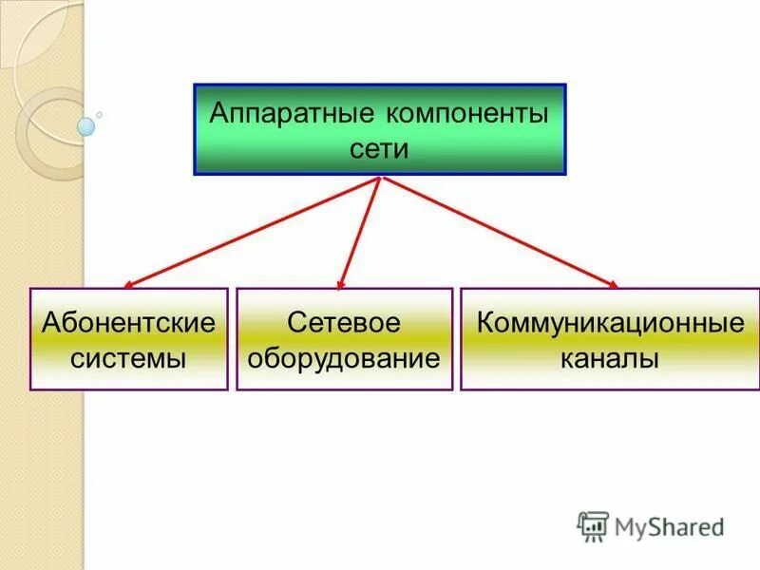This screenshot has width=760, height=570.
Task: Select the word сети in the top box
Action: coord(379,150)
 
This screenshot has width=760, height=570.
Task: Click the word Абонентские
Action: coord(128,321)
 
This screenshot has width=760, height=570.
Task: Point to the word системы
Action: coord(128,359)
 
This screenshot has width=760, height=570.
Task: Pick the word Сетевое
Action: coord(344,321)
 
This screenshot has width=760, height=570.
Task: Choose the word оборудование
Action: coord(344,359)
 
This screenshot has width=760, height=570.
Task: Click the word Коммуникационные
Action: coord(610,321)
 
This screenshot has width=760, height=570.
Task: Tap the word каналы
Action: coord(610,359)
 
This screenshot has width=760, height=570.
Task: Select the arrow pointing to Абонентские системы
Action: coord(252,231)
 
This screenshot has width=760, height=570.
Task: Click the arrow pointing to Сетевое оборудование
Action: coord(361,231)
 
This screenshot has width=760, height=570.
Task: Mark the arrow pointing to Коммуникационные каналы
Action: coord(499,231)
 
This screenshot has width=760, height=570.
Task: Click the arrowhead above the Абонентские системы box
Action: coord(129,283)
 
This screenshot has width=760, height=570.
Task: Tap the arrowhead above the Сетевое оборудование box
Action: coord(342,282)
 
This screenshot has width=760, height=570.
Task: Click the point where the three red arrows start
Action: coord(380,178)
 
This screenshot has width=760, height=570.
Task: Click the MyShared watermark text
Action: coord(669,525)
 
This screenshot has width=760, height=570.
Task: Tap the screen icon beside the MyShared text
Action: coord(593,526)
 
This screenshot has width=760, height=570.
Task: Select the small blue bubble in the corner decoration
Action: coord(85,125)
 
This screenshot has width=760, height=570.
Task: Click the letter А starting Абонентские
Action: coord(51,321)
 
